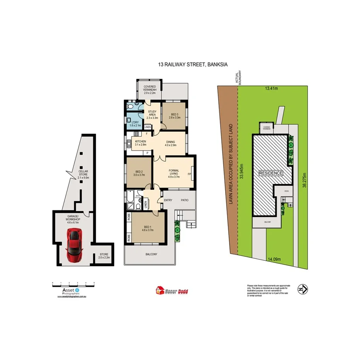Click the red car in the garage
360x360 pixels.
coord(75,245)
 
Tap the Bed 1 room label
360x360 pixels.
coord(147,228)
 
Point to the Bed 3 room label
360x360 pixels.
coord(174,115)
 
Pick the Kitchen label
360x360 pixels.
coord(140,143)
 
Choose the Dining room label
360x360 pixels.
coord(171,143)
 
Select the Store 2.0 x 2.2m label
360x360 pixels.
coord(104,255)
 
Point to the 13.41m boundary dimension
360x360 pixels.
coord(272,88)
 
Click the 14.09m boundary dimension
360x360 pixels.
coord(273,259)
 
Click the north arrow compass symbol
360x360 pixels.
coord(302,289)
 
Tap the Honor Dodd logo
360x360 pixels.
coord(172,291)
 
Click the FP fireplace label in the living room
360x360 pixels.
coord(189,174)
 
